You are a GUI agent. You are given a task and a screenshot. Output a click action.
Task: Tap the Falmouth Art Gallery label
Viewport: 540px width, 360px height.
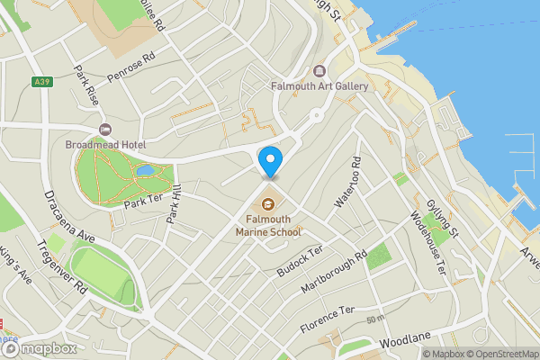pos(319,86)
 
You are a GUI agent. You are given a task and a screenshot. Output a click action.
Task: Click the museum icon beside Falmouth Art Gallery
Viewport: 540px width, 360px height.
pos(319,71)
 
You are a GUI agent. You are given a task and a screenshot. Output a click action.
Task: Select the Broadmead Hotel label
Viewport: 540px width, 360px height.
pos(105,144)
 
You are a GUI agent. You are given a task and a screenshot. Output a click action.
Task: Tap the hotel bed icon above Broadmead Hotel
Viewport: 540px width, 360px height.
pos(105,130)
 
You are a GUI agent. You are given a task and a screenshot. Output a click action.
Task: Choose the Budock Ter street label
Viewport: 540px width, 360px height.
pos(299,262)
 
